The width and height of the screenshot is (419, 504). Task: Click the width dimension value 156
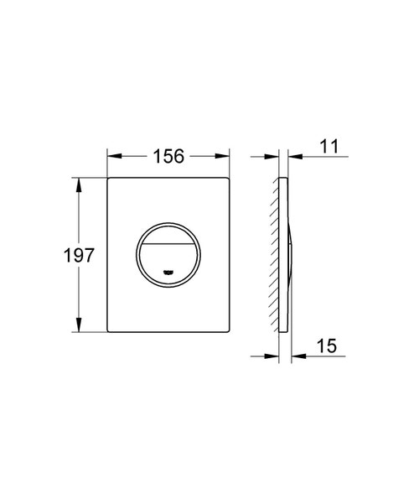168,156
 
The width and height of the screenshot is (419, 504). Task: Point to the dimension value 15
328,345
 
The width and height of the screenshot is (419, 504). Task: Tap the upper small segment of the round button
168,232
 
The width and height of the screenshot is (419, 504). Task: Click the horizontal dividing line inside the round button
168,242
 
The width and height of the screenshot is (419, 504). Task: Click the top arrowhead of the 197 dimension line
80,183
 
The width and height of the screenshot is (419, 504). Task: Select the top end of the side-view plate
283,178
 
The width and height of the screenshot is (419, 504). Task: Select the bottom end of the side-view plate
283,333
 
